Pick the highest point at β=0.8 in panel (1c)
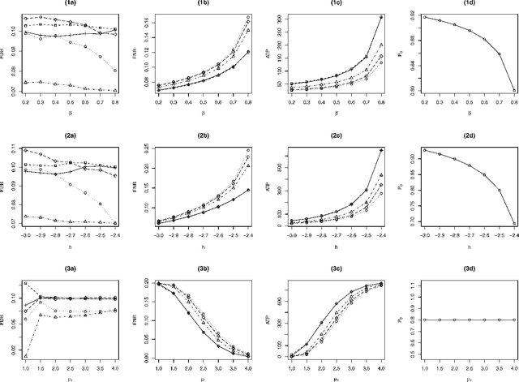(381, 16)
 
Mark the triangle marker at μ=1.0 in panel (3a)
(26, 356)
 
